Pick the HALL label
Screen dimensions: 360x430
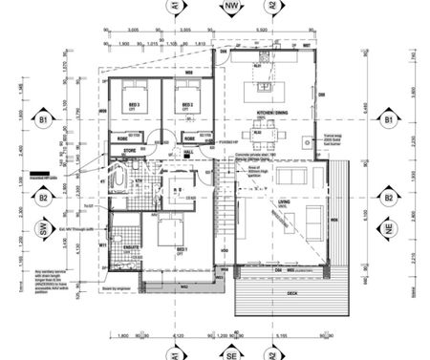pos(189,151)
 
